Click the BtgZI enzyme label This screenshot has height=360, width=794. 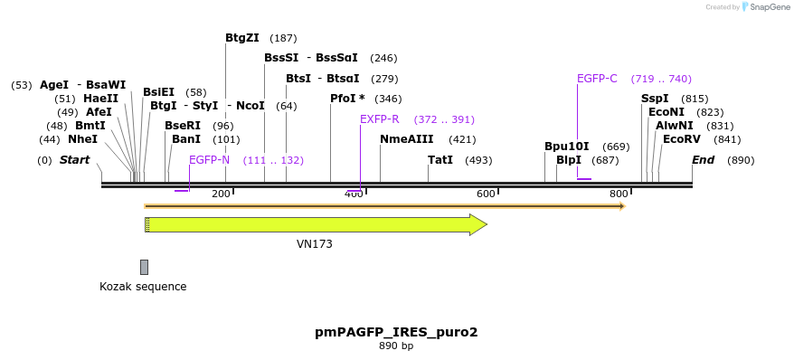pos(241,38)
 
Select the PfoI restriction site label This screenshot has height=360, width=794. pos(347,99)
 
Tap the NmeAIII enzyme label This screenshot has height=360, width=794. pos(406,139)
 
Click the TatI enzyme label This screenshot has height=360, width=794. pos(440,160)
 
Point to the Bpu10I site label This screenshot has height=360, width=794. pos(566,147)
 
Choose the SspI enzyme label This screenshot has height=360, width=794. pos(655,99)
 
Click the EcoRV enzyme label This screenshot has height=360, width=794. pos(681,139)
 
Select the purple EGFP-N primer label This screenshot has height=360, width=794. pos(209,160)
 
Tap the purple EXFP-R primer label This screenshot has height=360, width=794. pos(379,119)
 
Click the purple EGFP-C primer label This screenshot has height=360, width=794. pos(597,79)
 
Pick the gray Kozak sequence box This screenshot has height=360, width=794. pos(144,267)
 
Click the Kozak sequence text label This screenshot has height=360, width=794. pos(143,287)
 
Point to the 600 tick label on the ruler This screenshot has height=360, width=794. pos(486,194)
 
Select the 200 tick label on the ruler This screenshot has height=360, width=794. pos(221,194)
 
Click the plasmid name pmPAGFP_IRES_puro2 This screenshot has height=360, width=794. pos(396,332)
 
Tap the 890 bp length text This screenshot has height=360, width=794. pos(396,346)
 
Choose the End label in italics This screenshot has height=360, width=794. pos(703,160)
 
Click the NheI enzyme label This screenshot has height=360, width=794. pos(82,139)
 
